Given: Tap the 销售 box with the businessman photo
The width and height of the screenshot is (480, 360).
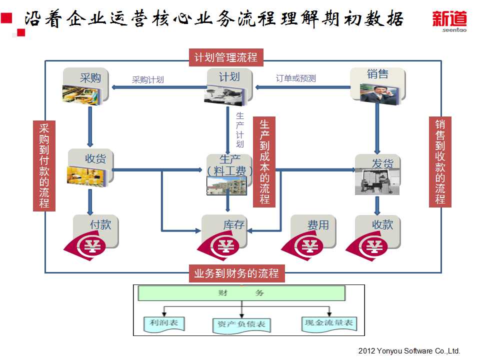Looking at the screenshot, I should tap(377, 85).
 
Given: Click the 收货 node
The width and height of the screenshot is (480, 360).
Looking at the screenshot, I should tap(90, 167).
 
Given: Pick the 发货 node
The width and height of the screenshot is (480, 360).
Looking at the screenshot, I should tap(377, 173).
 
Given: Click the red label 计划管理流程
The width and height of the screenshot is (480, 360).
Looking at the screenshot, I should tap(226, 57).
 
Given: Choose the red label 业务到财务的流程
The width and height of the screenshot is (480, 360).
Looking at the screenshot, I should tap(236, 273).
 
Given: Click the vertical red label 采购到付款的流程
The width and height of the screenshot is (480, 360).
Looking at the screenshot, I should tap(44, 165).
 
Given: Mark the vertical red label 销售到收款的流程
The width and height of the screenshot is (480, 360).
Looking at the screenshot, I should tap(440, 161).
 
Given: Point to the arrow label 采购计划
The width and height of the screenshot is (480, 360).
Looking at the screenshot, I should tap(147, 79).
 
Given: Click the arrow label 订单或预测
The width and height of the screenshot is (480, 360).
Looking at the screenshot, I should tap(295, 78).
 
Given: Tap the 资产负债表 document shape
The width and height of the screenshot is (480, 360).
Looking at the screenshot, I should tap(241, 324).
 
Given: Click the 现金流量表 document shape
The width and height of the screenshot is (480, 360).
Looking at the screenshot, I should tap(329, 323).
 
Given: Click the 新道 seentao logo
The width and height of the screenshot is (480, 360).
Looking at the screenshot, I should tap(449, 21).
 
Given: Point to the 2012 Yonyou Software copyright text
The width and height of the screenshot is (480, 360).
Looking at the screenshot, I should tap(409, 351).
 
